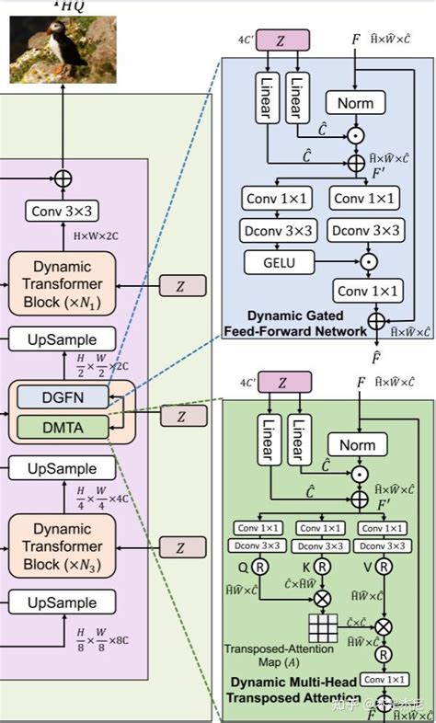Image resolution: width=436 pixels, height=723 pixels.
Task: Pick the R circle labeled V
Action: tap(382, 568)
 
